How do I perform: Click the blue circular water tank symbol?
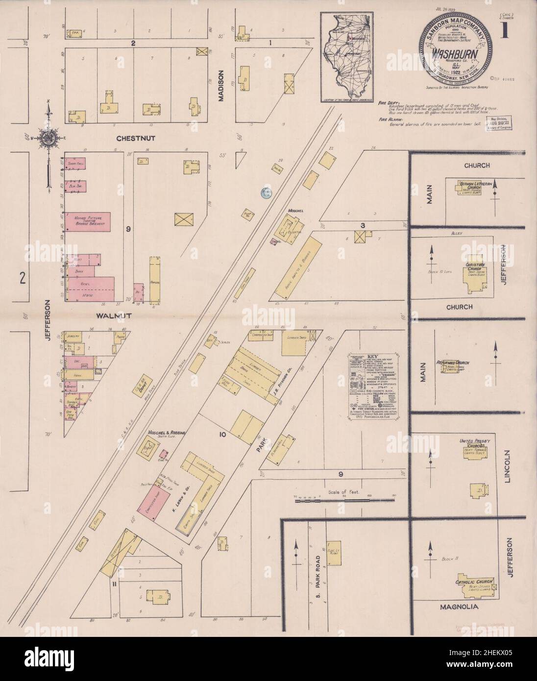266,193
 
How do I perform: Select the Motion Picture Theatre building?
88,221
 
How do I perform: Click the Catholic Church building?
474,583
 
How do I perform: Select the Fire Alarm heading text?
388,119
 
